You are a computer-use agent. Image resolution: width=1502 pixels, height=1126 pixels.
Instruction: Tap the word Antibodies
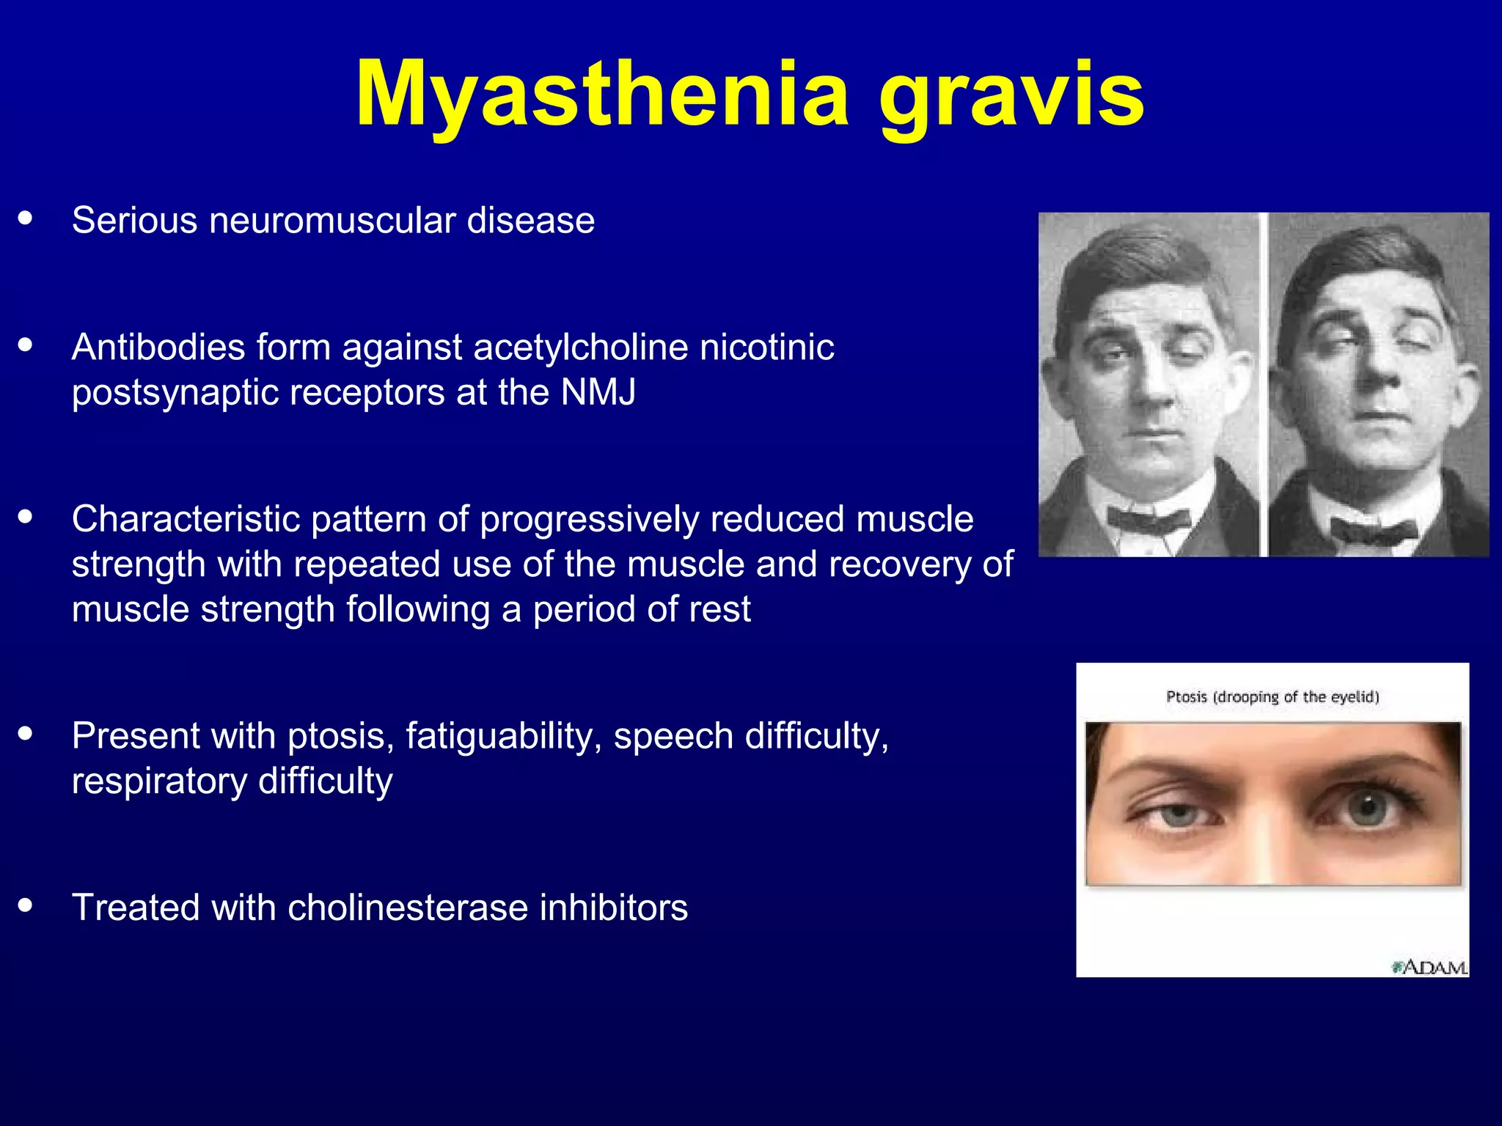coord(158,347)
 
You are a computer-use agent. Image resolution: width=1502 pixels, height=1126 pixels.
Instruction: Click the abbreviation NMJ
coord(598,392)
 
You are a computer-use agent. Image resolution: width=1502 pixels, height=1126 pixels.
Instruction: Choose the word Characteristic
coord(186,519)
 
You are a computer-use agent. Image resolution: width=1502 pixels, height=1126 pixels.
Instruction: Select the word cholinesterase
coord(408,908)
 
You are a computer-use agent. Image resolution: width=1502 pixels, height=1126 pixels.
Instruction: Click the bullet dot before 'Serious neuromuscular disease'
coord(26,218)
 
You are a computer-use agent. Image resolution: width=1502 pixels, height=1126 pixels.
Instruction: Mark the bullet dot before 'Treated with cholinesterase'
coord(26,905)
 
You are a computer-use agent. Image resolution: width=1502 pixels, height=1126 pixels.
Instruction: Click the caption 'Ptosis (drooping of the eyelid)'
coord(1272,696)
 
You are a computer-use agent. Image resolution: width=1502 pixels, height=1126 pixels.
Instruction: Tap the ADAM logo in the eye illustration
coord(1429,968)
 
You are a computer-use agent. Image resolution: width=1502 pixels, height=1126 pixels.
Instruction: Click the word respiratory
coord(159,781)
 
